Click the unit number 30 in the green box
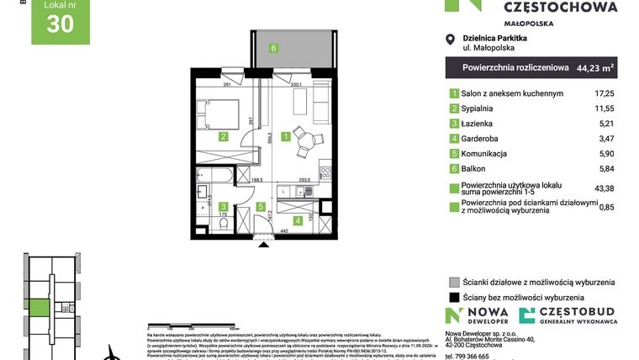tap(60, 25)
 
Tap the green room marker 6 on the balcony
tap(273, 48)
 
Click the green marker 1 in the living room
tap(286, 135)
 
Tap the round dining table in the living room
tap(308, 140)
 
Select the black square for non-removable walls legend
tap(454, 297)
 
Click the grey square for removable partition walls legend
tap(454, 282)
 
